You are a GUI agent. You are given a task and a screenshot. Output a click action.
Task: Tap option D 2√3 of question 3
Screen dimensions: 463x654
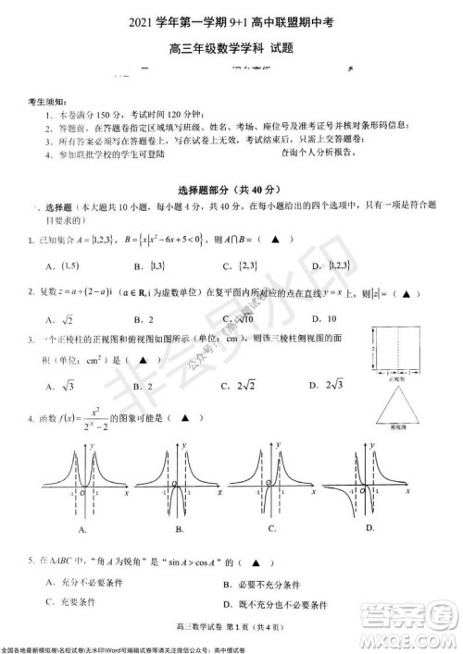(x=326, y=385)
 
